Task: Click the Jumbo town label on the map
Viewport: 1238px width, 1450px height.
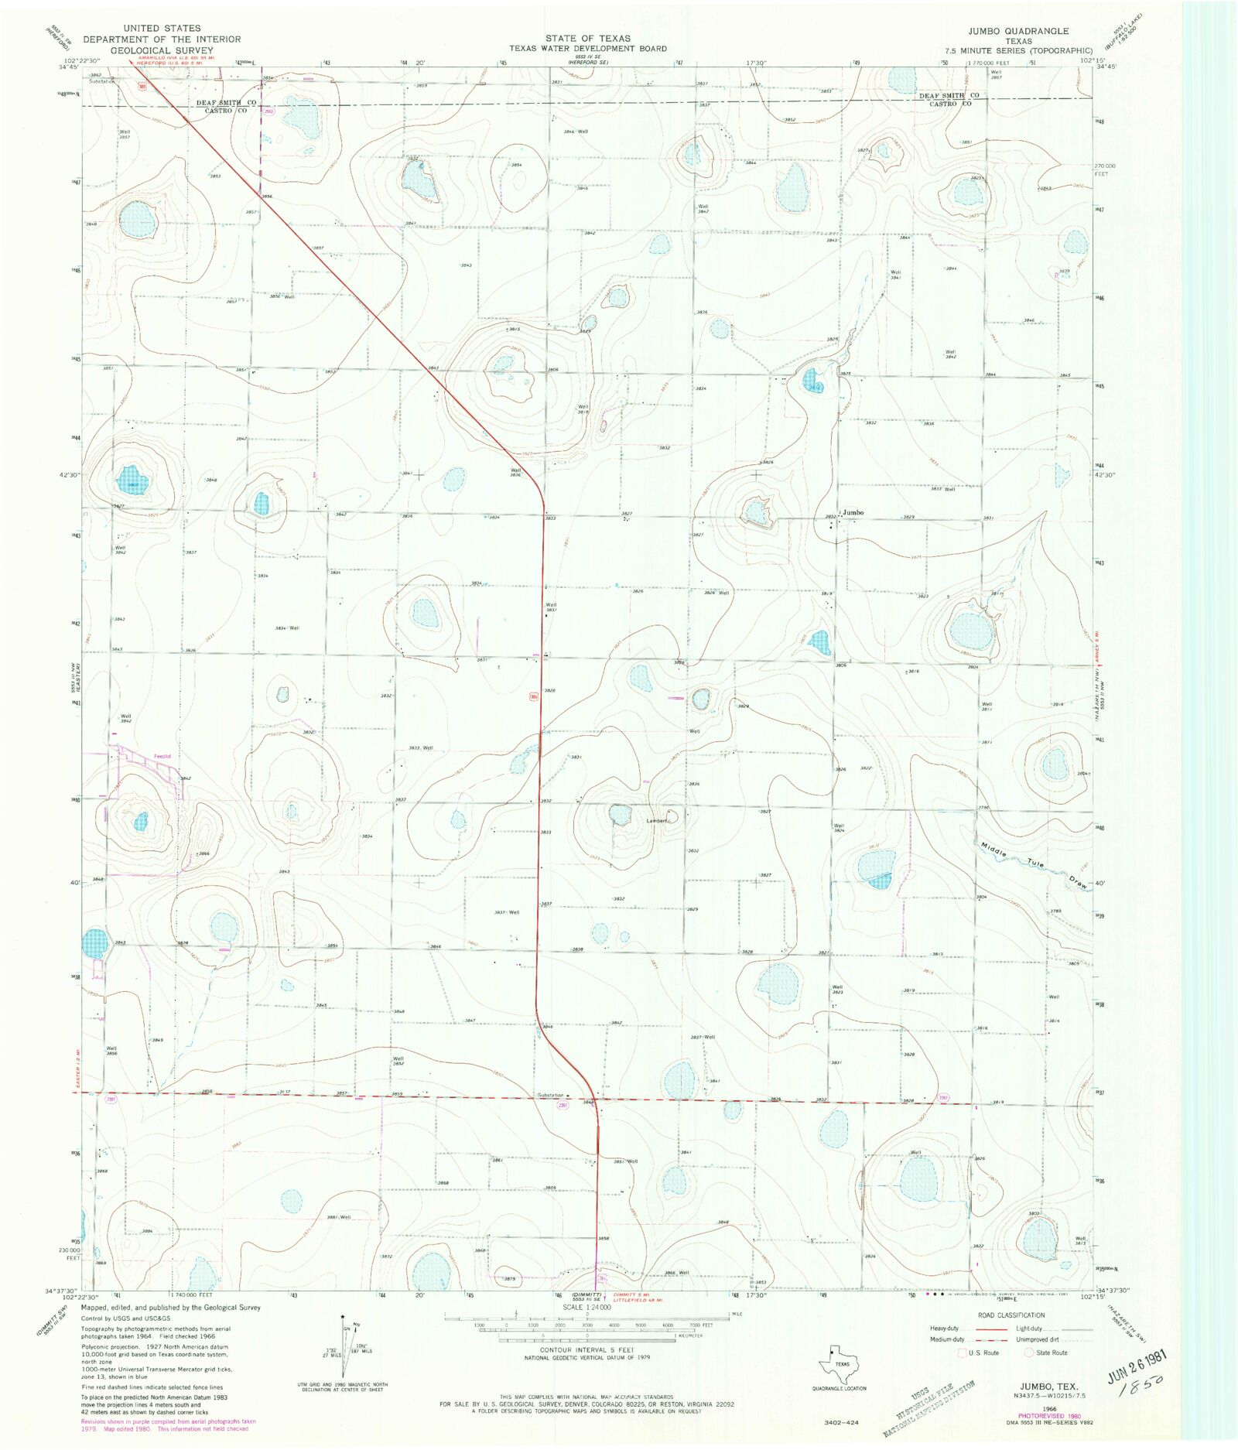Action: pyautogui.click(x=853, y=512)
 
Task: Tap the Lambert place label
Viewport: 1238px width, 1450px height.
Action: pyautogui.click(x=657, y=820)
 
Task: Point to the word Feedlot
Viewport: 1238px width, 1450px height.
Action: pyautogui.click(x=162, y=756)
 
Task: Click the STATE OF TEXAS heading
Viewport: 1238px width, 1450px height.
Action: pyautogui.click(x=587, y=38)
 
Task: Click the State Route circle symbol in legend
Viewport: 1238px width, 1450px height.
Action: pyautogui.click(x=1029, y=1353)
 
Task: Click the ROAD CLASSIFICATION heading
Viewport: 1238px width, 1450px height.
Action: pyautogui.click(x=1011, y=1315)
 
